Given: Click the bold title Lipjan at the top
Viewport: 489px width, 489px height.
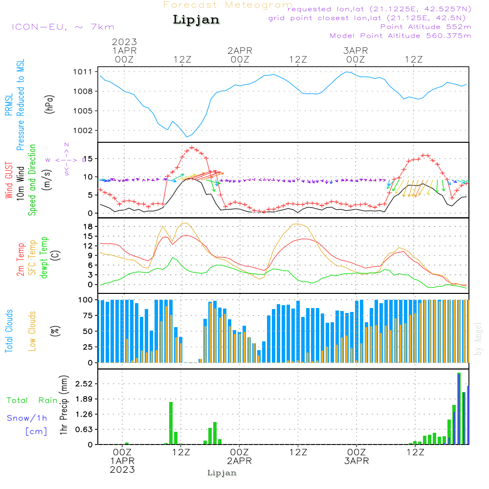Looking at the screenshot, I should [x=196, y=20].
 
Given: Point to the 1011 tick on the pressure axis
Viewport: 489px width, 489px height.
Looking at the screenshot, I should [x=83, y=72].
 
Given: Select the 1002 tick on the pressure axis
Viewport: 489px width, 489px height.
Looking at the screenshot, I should [x=83, y=131].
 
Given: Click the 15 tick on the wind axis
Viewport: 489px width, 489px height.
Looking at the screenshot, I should [x=87, y=158].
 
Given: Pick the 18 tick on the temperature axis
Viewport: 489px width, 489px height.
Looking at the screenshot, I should [x=87, y=226].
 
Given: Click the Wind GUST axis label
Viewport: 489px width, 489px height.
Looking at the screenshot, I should [x=9, y=181].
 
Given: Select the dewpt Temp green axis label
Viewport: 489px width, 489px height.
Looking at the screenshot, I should [x=44, y=258].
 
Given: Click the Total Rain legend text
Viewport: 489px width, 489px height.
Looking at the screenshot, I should [x=32, y=400].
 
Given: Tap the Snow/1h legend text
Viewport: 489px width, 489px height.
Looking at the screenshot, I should [x=27, y=418].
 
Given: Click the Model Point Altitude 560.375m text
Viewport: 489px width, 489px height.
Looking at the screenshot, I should [x=400, y=36].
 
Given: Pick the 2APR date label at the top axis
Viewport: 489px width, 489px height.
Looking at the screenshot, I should [x=240, y=50].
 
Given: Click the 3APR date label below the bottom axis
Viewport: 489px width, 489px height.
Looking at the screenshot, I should [x=356, y=461].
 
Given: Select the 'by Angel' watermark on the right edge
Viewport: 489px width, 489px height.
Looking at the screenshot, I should [x=479, y=339].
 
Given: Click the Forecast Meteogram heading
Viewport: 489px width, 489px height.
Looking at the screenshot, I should [x=228, y=5].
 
